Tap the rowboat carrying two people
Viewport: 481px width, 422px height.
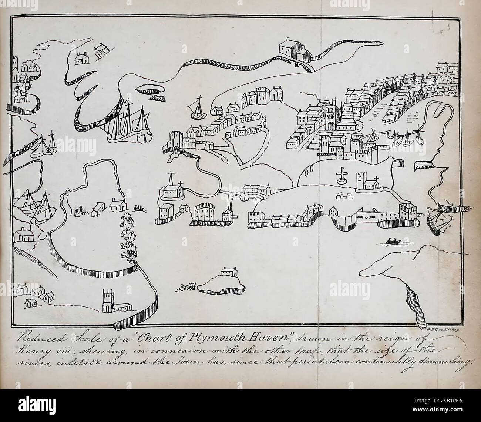click(x=392, y=242)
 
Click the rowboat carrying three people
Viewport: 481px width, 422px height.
click(x=139, y=209)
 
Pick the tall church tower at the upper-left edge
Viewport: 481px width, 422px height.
click(x=15, y=67)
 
